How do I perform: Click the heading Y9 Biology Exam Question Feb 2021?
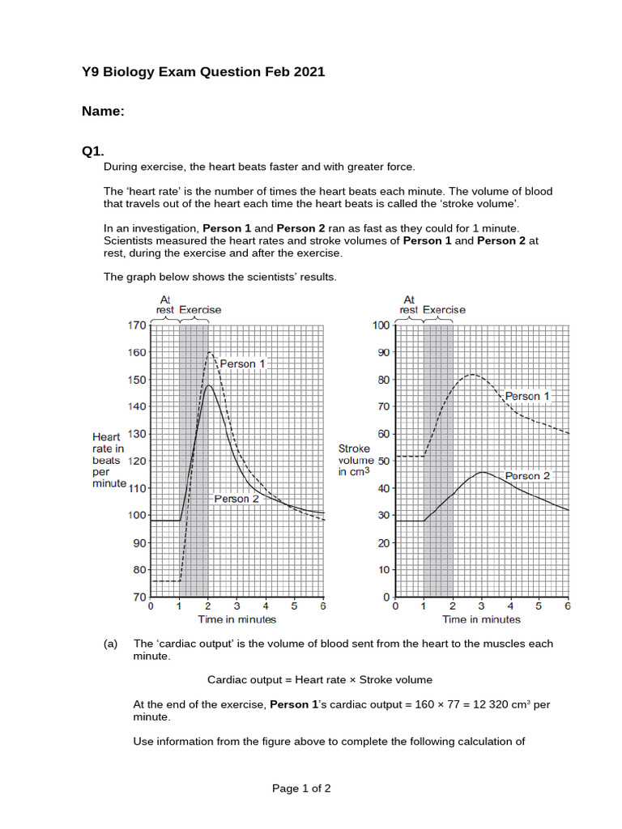(x=202, y=72)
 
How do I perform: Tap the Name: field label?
(x=103, y=112)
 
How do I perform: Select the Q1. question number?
(x=92, y=151)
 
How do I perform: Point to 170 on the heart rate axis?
(x=136, y=325)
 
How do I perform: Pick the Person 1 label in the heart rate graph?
(x=242, y=363)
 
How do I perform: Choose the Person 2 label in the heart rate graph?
(x=236, y=499)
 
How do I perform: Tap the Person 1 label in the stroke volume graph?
(x=527, y=396)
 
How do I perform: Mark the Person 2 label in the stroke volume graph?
(x=527, y=476)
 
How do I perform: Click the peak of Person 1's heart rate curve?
(x=210, y=352)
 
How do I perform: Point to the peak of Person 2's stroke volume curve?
(x=482, y=472)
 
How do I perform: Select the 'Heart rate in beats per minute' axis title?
(x=109, y=460)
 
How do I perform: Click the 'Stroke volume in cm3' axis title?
(x=356, y=460)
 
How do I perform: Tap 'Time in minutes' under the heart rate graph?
(x=236, y=619)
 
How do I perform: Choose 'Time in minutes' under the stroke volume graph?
(x=481, y=619)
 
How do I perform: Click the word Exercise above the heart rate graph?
(x=199, y=309)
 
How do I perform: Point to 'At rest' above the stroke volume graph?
(x=409, y=304)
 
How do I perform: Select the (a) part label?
(x=111, y=644)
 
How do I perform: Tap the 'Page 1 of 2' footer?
(x=301, y=788)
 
